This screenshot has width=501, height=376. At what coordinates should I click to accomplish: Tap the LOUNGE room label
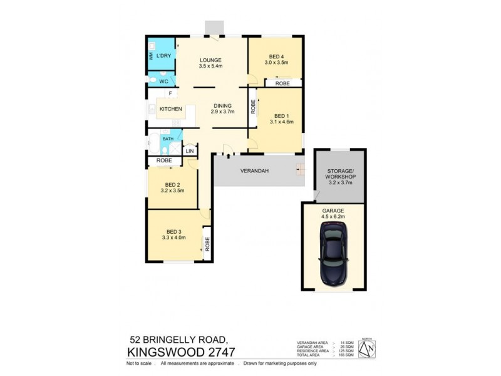[x=211, y=60]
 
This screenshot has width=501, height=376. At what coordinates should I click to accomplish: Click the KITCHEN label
[x=170, y=109]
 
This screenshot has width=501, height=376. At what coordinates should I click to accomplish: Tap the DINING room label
[x=223, y=106]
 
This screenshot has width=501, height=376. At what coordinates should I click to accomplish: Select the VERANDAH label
[x=254, y=170]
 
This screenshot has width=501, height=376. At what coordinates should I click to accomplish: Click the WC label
[x=163, y=81]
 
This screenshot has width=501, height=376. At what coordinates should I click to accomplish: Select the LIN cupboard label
[x=189, y=151]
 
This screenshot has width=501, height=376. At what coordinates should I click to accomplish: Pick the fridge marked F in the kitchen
[x=170, y=94]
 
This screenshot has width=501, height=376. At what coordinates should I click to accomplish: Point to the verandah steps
[x=299, y=169]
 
